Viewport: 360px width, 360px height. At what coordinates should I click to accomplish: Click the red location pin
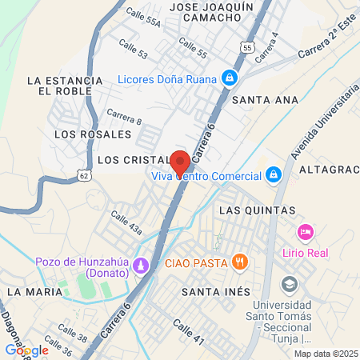(x=180, y=159)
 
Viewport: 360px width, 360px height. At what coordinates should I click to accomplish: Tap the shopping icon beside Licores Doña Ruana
(x=230, y=78)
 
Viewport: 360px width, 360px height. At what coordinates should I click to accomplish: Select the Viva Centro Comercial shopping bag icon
(x=274, y=174)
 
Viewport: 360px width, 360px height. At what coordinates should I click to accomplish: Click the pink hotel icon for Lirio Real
(x=305, y=232)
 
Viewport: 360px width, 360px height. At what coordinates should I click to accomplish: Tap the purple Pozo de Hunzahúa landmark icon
(x=142, y=264)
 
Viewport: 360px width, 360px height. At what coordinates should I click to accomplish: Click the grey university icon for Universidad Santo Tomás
(x=288, y=284)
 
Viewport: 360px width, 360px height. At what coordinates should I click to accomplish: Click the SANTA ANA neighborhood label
(x=265, y=100)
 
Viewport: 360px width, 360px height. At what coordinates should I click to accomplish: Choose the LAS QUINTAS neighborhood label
(x=257, y=210)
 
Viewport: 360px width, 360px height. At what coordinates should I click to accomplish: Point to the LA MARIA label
(x=34, y=292)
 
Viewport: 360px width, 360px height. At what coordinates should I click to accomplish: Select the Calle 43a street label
(x=126, y=223)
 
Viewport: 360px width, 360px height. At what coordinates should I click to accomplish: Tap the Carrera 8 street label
(x=124, y=116)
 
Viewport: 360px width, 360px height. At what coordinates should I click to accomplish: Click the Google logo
(x=27, y=350)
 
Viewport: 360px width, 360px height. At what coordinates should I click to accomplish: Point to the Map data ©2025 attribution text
(x=325, y=354)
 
